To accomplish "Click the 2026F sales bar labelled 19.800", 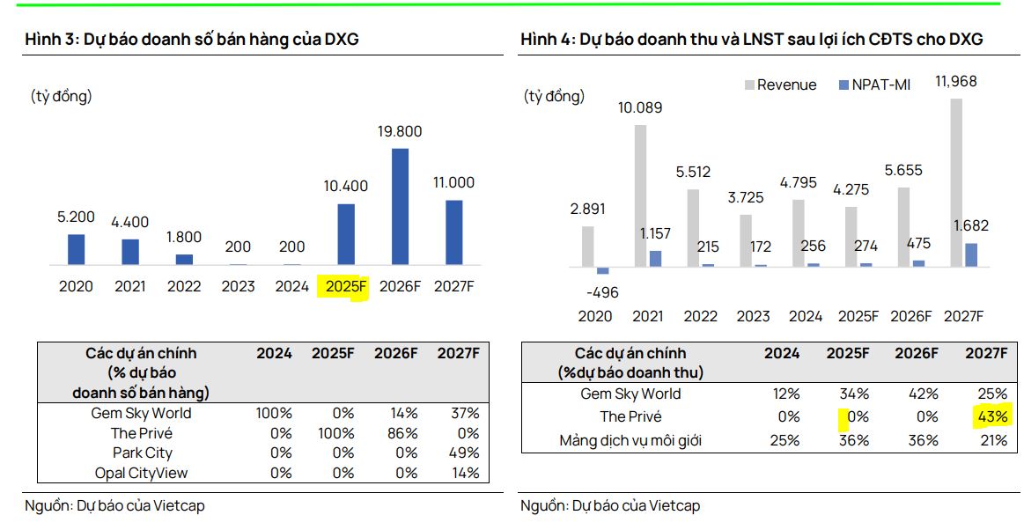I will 401,206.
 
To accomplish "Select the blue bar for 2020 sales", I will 76,249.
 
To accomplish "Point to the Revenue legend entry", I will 780,85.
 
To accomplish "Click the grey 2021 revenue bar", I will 640,195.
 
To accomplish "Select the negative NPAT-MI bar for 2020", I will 602,270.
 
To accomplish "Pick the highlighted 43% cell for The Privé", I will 986,416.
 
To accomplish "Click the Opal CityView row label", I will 141,473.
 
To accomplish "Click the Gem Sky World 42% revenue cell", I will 924,394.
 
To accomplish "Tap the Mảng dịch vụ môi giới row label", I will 630,439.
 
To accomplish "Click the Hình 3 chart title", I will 191,39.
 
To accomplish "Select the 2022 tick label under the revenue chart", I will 701,316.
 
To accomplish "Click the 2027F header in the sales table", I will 459,353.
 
